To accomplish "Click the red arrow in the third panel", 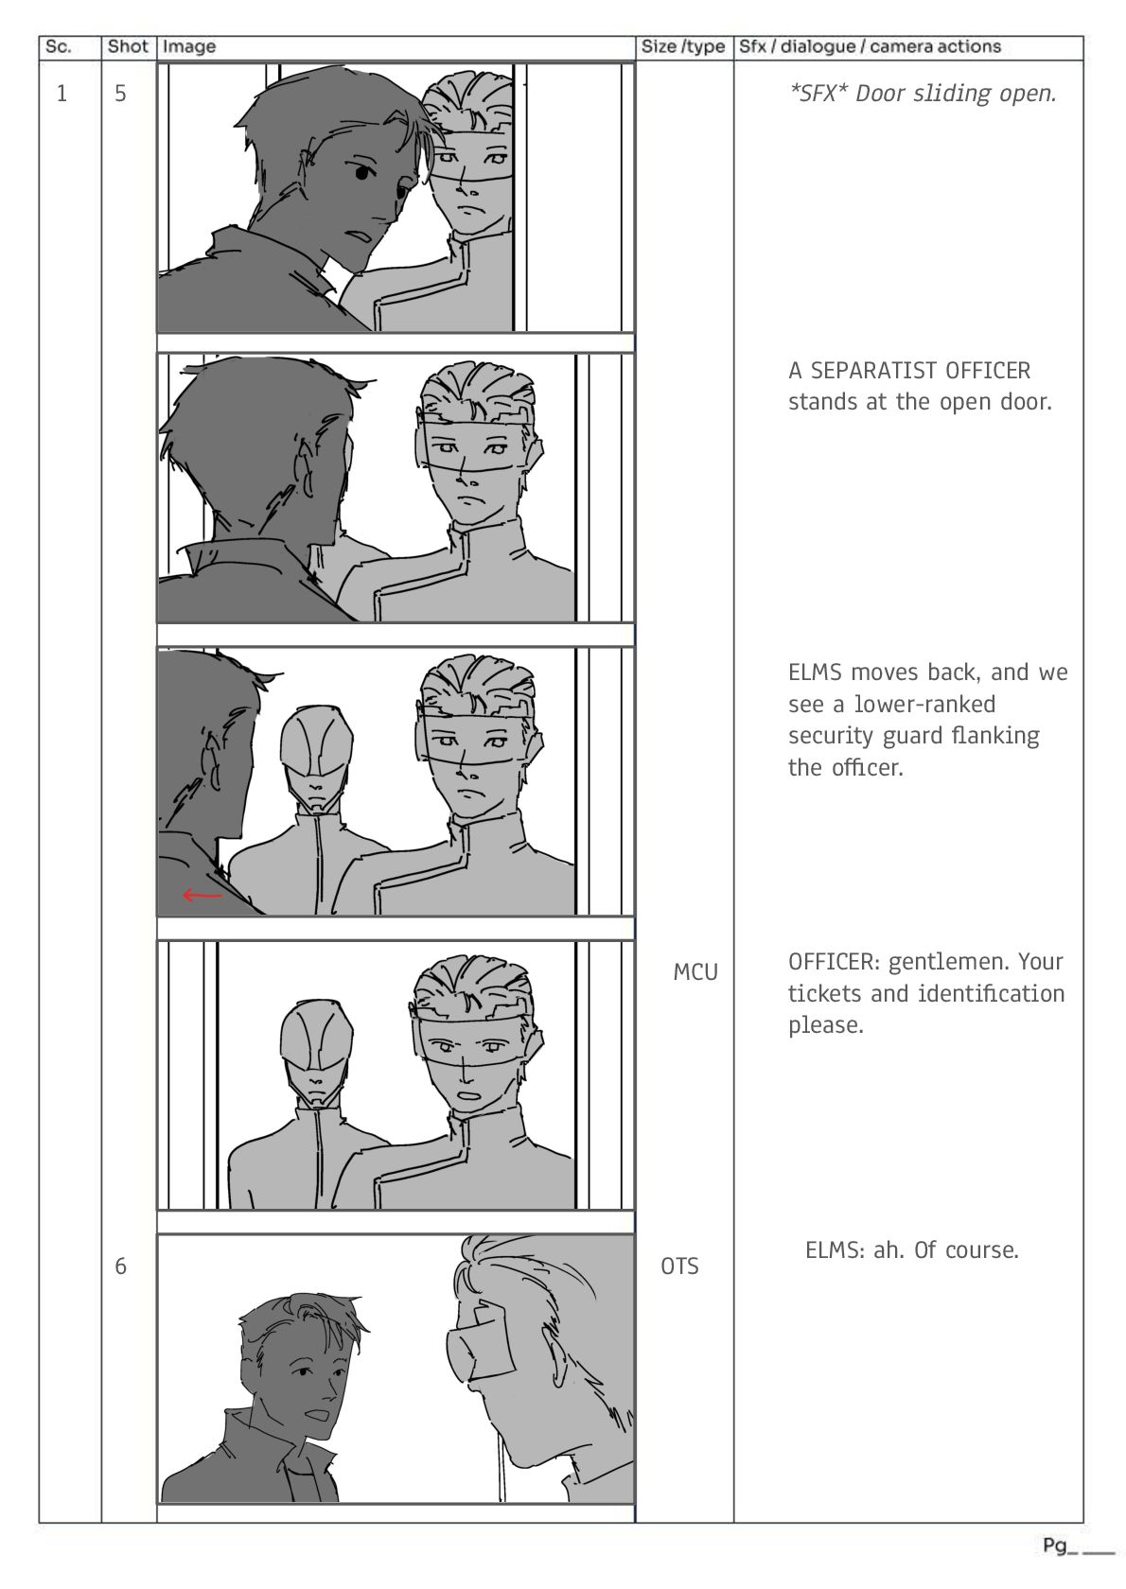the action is (202, 895).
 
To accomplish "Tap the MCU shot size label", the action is (695, 972).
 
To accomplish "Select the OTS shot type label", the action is (679, 1266).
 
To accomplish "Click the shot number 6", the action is (120, 1266).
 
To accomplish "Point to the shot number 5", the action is (120, 94).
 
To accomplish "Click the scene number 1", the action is (62, 94).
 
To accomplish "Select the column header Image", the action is (188, 47).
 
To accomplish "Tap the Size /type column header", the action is (683, 47).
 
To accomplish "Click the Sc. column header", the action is (58, 47).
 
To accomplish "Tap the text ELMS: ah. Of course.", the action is (912, 1250).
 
